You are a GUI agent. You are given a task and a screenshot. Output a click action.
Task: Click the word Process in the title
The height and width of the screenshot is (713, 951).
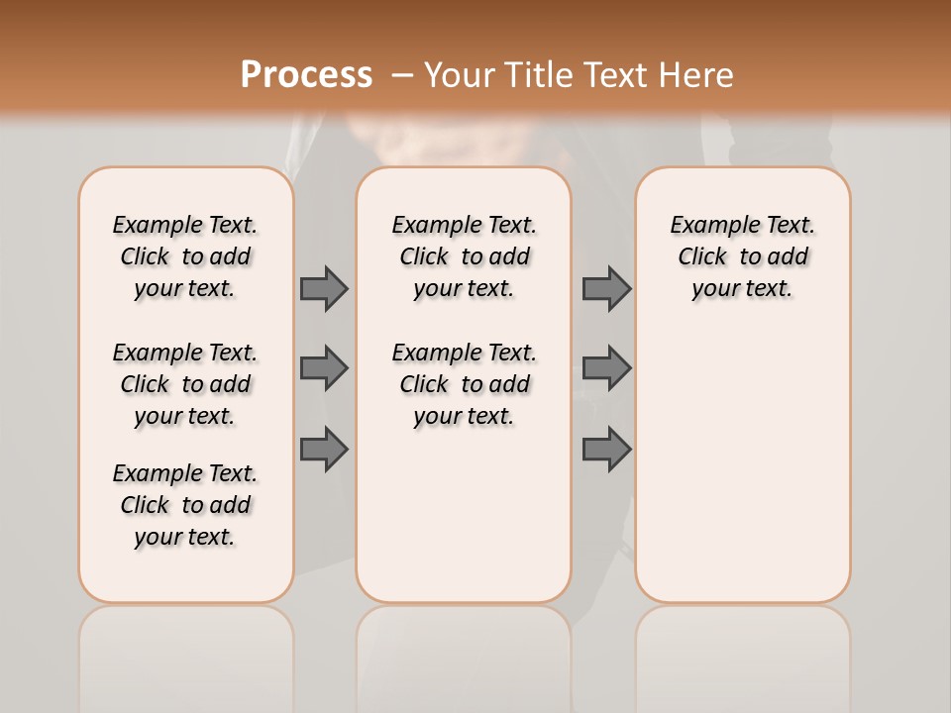coord(306,74)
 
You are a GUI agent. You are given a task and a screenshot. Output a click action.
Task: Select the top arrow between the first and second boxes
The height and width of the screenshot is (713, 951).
coord(324,288)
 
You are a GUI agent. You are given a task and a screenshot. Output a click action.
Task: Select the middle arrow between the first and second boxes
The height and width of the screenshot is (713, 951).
coord(324,368)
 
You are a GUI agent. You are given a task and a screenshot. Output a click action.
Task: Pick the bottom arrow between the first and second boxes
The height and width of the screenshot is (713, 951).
coord(324,450)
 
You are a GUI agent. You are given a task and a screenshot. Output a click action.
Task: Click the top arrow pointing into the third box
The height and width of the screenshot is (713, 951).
coord(606,288)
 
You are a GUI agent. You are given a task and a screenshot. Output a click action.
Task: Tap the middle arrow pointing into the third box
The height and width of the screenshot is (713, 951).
coord(606,368)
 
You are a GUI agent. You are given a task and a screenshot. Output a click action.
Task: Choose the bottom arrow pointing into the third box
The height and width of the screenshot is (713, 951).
coord(606,450)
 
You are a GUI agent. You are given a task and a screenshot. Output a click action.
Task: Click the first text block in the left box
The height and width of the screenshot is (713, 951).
coord(185,256)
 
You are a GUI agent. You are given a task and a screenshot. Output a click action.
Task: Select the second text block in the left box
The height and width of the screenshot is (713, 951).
coord(185,384)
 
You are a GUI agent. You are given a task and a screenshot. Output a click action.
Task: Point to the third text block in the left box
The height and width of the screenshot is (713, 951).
coord(185,505)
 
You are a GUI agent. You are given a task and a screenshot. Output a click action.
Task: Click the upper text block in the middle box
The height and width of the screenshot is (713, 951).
coord(464,256)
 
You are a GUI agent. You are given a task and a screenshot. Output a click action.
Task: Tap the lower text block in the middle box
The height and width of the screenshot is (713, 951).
coord(464,384)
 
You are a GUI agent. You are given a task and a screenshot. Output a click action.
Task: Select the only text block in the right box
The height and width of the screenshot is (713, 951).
coord(742,256)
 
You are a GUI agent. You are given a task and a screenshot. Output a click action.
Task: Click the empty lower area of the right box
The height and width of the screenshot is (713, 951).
coord(742,465)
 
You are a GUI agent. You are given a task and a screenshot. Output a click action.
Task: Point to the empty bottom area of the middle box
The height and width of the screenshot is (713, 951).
coord(464,525)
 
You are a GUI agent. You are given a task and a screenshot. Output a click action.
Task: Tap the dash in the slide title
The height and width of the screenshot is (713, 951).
coord(402,74)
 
